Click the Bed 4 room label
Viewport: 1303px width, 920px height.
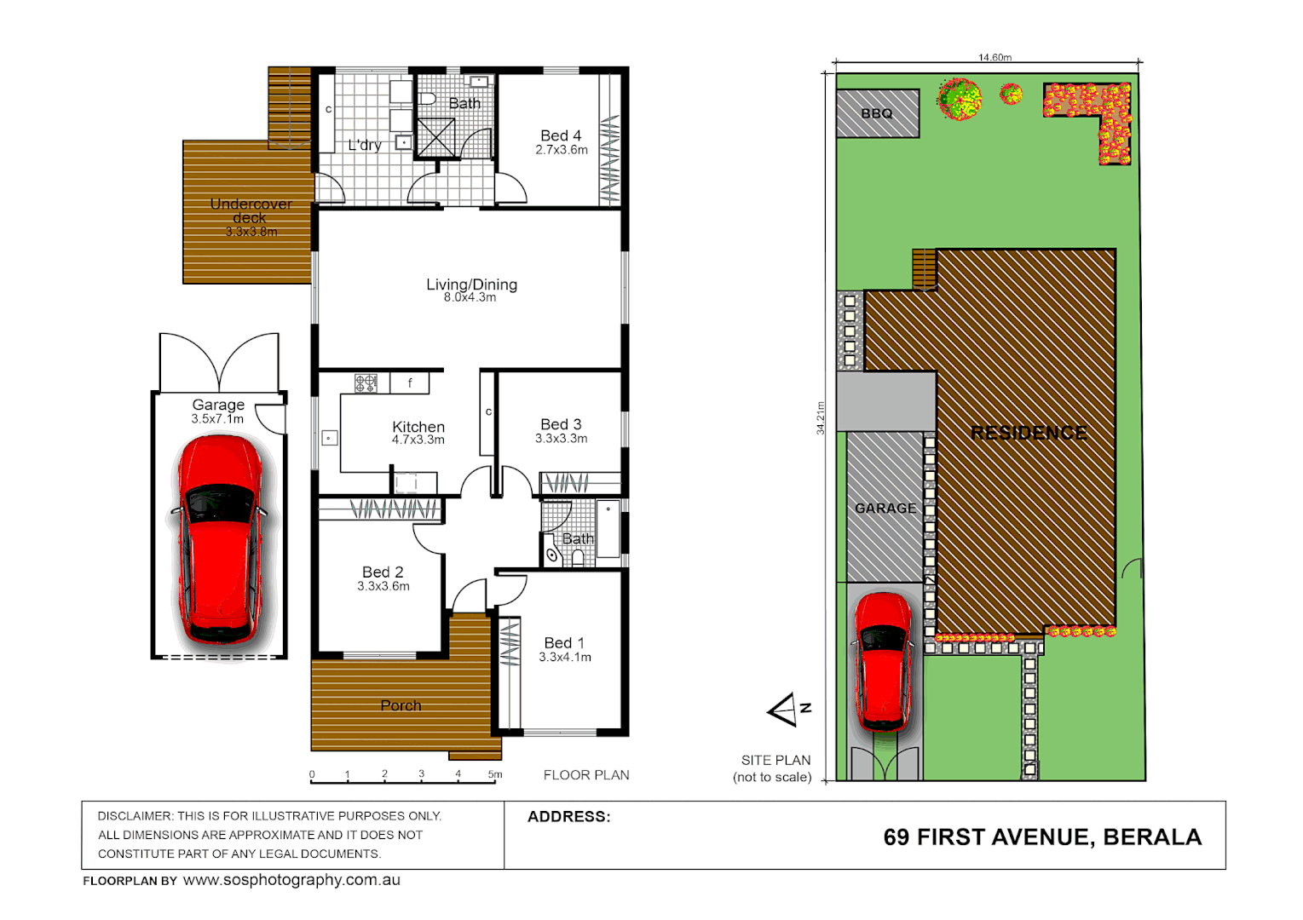pos(561,135)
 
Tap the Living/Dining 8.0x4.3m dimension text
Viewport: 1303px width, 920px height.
pos(470,298)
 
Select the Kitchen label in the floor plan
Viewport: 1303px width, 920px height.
pos(418,427)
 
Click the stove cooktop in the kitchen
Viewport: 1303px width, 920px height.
pos(366,384)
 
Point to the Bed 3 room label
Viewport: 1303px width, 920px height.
pos(561,424)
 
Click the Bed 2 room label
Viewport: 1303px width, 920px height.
pos(383,572)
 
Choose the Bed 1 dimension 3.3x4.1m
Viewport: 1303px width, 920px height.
pos(565,658)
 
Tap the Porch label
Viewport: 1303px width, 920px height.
pos(401,705)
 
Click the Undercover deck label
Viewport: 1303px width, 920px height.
pos(251,210)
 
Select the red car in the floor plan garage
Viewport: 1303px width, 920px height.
pos(219,539)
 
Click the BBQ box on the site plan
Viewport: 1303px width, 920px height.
pos(877,113)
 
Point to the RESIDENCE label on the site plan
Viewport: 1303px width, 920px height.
pos(1029,433)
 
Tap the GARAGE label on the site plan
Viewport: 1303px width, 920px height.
pos(885,509)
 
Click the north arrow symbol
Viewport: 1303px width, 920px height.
pos(786,710)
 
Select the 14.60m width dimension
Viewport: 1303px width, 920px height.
pos(995,58)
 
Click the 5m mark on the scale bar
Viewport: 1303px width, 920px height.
pos(494,774)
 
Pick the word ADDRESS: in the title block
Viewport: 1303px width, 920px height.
pos(568,816)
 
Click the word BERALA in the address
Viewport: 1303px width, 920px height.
pos(1152,837)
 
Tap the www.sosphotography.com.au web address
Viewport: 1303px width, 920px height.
pos(291,880)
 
